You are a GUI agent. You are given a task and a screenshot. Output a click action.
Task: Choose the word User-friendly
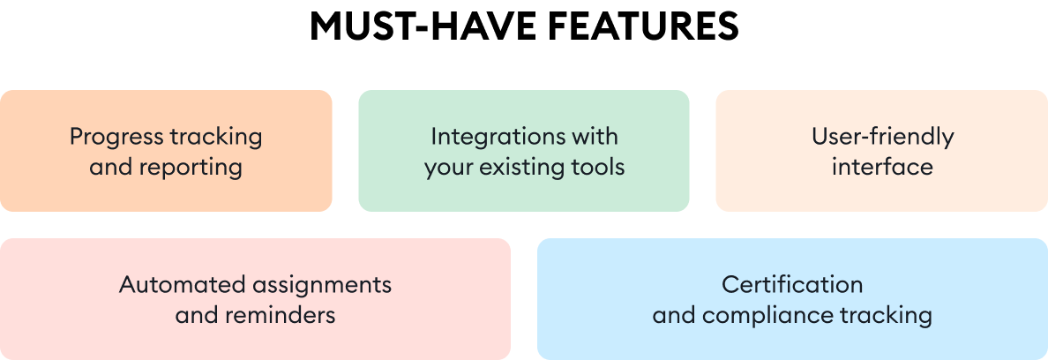(x=882, y=138)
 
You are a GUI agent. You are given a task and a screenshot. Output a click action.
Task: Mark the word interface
(x=882, y=167)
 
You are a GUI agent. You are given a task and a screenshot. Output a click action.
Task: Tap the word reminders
(x=280, y=315)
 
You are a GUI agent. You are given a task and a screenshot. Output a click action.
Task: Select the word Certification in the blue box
(x=792, y=285)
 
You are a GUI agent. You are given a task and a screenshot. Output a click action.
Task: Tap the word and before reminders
(x=197, y=315)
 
